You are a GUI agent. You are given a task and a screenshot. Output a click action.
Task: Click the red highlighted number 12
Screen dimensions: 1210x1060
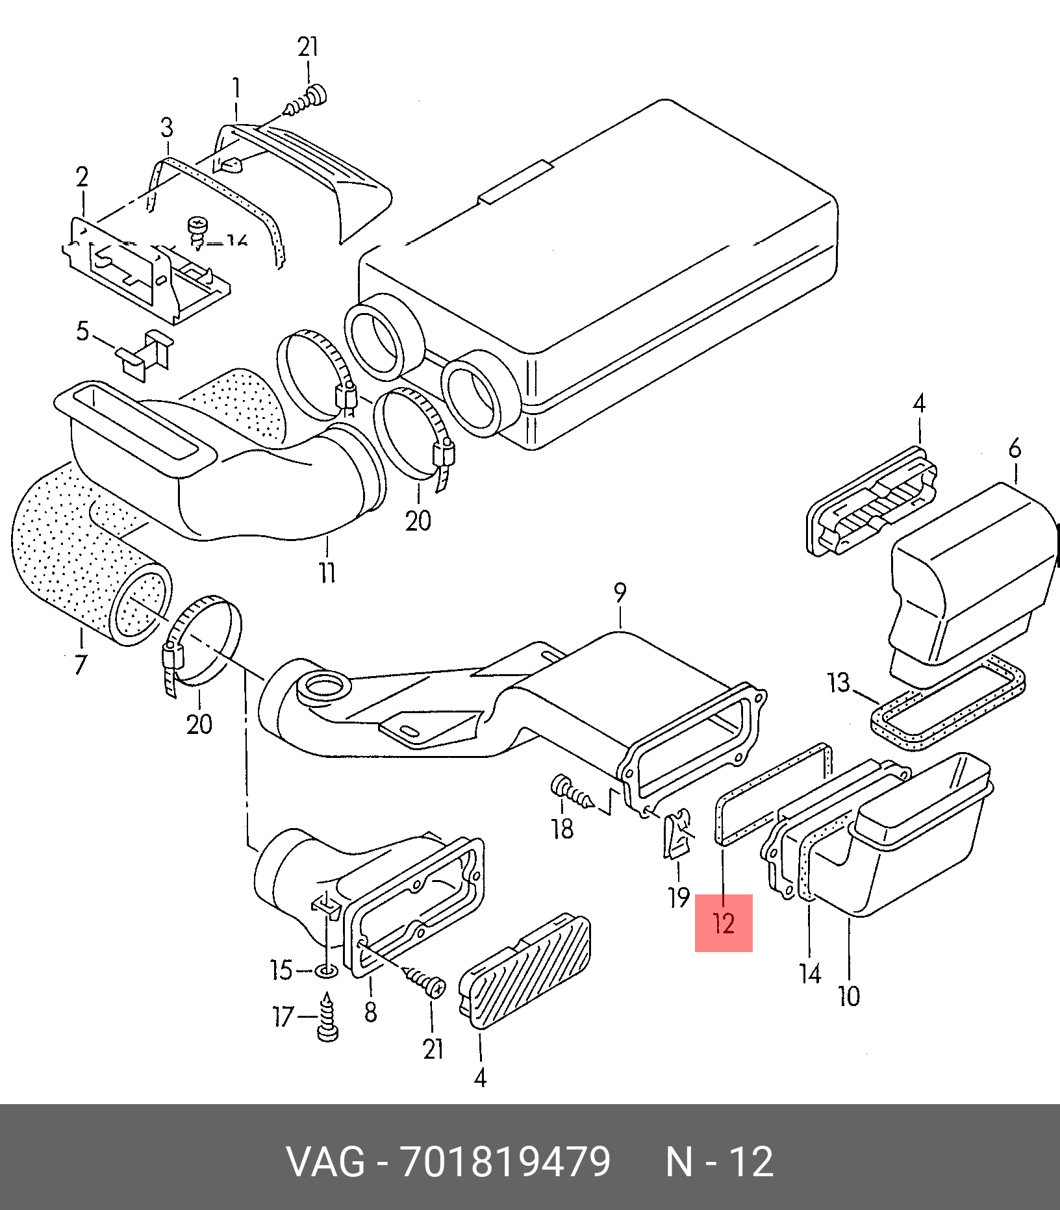[723, 923]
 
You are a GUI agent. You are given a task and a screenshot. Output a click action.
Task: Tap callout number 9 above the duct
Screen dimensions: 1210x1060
[620, 593]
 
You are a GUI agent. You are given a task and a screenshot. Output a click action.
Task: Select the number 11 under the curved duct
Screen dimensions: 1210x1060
[327, 573]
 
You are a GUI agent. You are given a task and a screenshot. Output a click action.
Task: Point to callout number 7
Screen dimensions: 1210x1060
[80, 664]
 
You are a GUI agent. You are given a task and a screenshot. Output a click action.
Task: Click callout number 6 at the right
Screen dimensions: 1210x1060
[1015, 448]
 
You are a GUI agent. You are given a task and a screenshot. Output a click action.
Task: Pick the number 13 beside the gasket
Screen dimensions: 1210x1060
[839, 683]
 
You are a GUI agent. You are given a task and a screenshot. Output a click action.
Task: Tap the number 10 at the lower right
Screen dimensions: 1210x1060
[849, 996]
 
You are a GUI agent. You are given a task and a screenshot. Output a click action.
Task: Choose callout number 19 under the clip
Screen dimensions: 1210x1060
[679, 898]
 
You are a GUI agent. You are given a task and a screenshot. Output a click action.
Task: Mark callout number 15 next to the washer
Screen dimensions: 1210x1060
[281, 970]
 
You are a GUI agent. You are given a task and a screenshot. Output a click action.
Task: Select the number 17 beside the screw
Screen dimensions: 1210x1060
[283, 1016]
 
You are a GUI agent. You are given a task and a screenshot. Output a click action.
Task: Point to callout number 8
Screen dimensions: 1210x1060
[370, 1011]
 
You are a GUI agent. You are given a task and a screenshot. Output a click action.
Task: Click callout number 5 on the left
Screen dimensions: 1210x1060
[82, 331]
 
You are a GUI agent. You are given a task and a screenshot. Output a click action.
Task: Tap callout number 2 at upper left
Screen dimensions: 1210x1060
[82, 177]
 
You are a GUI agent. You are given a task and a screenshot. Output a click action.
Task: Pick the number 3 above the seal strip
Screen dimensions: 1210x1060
[167, 127]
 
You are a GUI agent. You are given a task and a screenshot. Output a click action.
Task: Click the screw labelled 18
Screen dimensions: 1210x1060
[572, 792]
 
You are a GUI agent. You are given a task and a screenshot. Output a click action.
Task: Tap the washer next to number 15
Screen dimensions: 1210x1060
[326, 972]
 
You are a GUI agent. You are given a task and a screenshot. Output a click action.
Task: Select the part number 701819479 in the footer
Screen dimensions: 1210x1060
[505, 1161]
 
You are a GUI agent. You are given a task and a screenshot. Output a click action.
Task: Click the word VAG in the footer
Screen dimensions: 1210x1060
[326, 1161]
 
